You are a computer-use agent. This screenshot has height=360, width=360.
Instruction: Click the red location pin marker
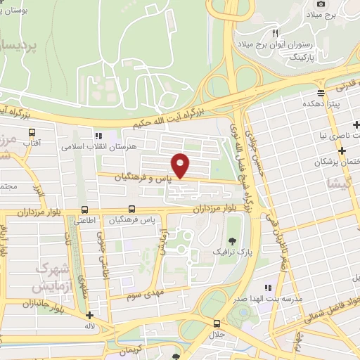181,165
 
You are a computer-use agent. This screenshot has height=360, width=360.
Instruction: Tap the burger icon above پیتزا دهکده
321,93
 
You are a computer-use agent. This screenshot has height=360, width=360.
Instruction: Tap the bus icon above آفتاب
32,131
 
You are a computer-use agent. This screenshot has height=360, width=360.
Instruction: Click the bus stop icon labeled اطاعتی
85,210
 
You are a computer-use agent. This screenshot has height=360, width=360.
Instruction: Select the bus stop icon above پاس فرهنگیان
132,210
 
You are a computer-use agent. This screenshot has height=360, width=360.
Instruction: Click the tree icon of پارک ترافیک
222,240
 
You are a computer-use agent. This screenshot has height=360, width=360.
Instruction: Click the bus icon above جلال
216,324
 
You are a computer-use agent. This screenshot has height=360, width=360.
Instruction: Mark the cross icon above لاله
89,314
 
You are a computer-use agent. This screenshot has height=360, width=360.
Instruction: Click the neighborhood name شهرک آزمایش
51,278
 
